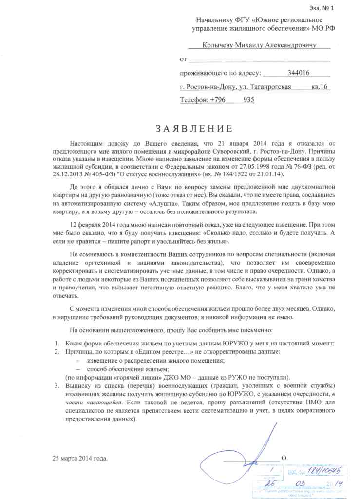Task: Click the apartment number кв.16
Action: pos(320,87)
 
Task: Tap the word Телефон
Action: pos(194,100)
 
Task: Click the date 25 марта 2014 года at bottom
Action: pos(81,459)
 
